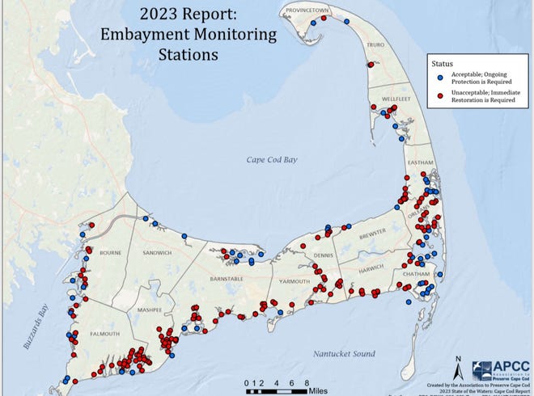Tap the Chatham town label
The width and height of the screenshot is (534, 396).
pos(409,274)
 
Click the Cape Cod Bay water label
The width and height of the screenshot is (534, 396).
pos(272,160)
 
